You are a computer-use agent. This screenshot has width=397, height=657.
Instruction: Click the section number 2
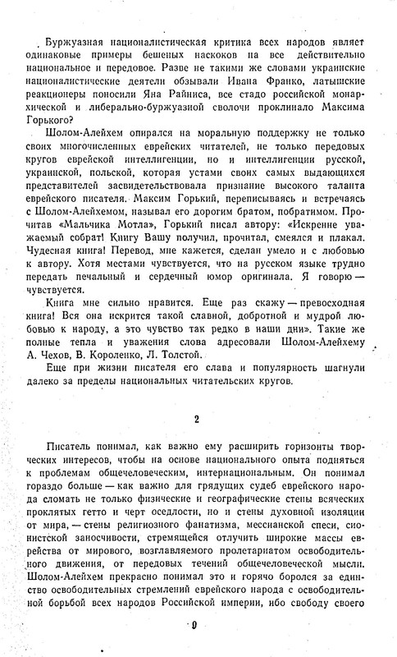click(x=196, y=421)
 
